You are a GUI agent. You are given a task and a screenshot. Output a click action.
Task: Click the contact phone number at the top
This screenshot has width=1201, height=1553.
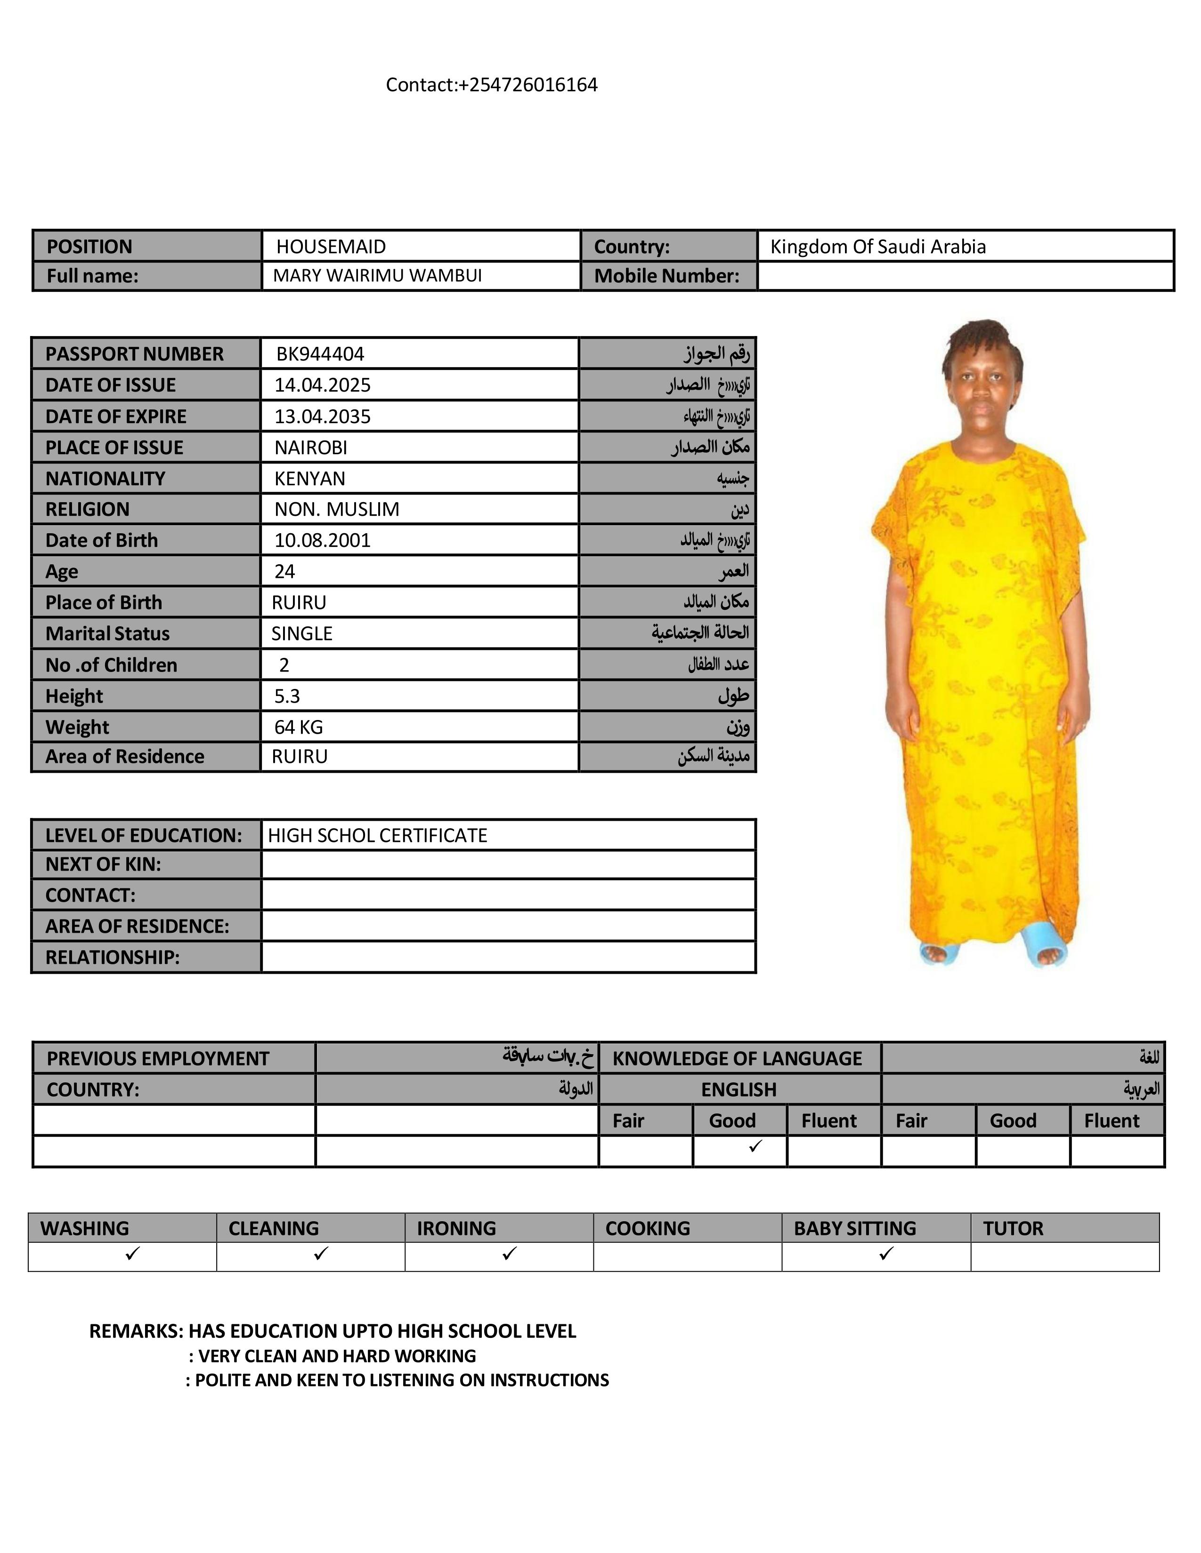click(492, 85)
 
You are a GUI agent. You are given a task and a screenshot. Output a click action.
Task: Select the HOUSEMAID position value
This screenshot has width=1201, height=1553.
click(331, 247)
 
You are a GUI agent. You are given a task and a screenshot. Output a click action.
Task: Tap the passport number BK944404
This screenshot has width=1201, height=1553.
click(320, 354)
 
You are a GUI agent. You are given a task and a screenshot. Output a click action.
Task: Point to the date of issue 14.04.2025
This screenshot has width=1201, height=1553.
click(322, 385)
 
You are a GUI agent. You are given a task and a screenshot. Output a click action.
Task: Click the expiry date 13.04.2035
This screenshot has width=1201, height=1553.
click(322, 416)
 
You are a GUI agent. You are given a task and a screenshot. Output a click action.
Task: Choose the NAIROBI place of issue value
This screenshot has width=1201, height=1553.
click(311, 447)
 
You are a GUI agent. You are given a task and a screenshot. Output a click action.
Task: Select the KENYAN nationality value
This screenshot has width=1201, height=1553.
click(309, 479)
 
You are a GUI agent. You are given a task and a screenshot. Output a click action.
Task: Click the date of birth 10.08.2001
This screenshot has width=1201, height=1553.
click(322, 540)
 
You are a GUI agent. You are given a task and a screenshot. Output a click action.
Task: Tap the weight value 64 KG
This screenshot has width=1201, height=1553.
click(298, 728)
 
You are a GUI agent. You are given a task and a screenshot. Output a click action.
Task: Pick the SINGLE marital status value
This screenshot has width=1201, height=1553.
click(302, 633)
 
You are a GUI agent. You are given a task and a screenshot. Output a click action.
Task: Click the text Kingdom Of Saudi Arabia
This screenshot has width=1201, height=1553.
click(877, 247)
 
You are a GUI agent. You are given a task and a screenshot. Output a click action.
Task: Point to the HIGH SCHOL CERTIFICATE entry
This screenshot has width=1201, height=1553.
click(377, 835)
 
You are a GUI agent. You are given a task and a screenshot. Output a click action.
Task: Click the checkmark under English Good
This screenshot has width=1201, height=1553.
click(755, 1145)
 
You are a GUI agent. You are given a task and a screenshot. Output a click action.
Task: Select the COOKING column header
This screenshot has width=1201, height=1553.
click(648, 1229)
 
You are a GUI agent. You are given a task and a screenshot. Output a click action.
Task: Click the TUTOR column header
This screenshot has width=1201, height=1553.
click(1013, 1229)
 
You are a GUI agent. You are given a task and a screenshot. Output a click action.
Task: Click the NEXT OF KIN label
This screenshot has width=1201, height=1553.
click(103, 865)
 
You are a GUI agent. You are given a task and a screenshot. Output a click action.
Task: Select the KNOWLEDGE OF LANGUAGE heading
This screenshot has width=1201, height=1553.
click(737, 1059)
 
